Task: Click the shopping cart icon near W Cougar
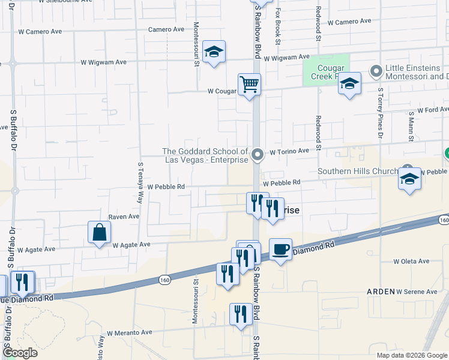(249, 84)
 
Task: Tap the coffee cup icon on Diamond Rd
(280, 250)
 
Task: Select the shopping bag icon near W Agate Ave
(99, 233)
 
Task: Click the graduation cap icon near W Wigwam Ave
(213, 53)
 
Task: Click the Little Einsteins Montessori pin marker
(376, 72)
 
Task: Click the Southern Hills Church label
(358, 171)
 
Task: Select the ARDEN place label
(381, 291)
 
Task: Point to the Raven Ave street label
(124, 216)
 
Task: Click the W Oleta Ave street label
(411, 261)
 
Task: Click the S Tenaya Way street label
(140, 178)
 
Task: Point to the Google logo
(20, 352)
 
